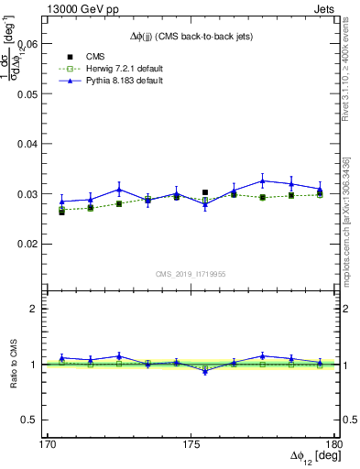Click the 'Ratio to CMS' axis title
click(x=16, y=364)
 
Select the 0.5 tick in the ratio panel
click(x=36, y=420)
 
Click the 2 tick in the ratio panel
click(x=39, y=309)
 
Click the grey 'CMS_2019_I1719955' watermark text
click(x=190, y=274)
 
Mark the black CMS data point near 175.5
click(x=205, y=192)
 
